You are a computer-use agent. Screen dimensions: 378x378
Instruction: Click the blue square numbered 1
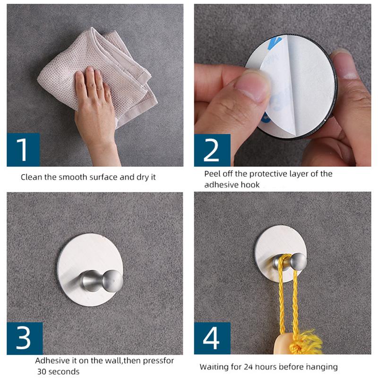pos(23,149)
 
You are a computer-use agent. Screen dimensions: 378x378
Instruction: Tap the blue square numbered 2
pos(212,150)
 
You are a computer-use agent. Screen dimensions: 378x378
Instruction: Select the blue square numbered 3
pos(25,338)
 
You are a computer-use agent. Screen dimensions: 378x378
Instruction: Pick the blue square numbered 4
pos(212,338)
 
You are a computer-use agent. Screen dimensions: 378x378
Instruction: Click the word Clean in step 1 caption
pos(31,177)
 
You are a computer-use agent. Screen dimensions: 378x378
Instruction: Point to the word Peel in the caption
pos(212,173)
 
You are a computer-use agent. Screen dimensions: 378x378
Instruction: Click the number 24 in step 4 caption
pos(249,367)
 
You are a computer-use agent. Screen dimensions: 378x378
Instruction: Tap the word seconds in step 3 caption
pos(64,371)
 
